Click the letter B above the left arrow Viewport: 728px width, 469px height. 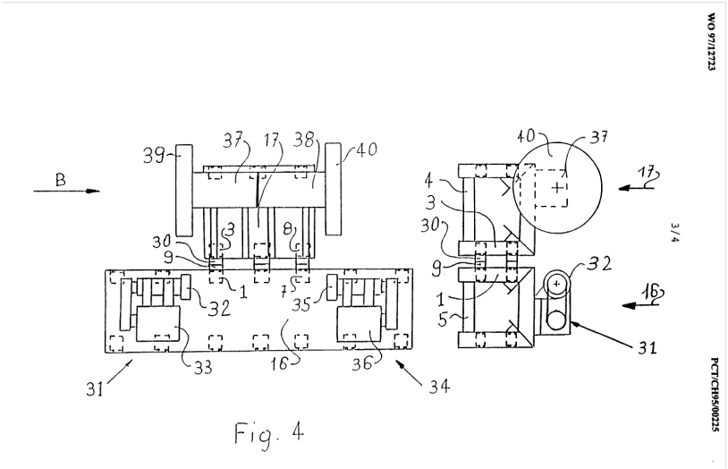tap(60, 179)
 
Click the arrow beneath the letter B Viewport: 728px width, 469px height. tap(66, 191)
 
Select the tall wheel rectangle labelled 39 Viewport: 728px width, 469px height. tap(184, 190)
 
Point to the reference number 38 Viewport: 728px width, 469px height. tap(304, 140)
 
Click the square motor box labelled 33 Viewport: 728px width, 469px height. tap(157, 324)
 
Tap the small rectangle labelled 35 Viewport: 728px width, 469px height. tap(332, 287)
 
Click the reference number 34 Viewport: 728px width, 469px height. tap(438, 386)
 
